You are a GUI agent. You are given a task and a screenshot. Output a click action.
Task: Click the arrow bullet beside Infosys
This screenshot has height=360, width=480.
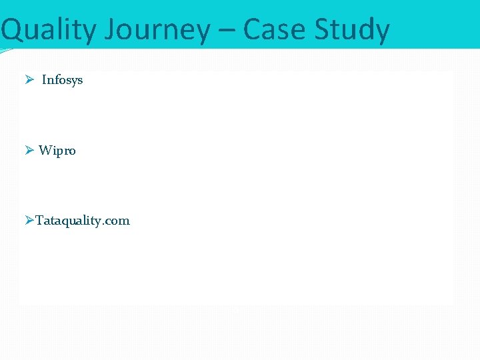[x=29, y=80]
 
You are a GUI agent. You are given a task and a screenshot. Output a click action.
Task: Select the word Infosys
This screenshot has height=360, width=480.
[x=63, y=80]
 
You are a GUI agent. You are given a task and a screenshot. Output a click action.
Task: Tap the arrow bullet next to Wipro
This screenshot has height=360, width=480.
[x=29, y=151]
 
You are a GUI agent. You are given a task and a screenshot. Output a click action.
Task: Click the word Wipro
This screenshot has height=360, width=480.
[x=57, y=151]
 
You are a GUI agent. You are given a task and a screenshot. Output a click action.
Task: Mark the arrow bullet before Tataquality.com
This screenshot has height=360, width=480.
[x=29, y=221]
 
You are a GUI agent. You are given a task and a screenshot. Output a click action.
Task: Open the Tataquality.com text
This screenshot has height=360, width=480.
[x=83, y=221]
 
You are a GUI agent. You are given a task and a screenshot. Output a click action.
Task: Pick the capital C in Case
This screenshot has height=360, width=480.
[x=252, y=30]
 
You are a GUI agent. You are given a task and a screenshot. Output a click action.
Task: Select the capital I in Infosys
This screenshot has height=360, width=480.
[x=44, y=80]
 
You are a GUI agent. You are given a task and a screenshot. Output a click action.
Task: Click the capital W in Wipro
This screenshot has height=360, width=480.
[x=45, y=151]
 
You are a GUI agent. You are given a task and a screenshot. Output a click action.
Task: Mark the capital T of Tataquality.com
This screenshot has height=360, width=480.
[x=39, y=221]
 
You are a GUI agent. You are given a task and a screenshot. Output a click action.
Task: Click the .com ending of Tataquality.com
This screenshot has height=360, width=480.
[x=117, y=221]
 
